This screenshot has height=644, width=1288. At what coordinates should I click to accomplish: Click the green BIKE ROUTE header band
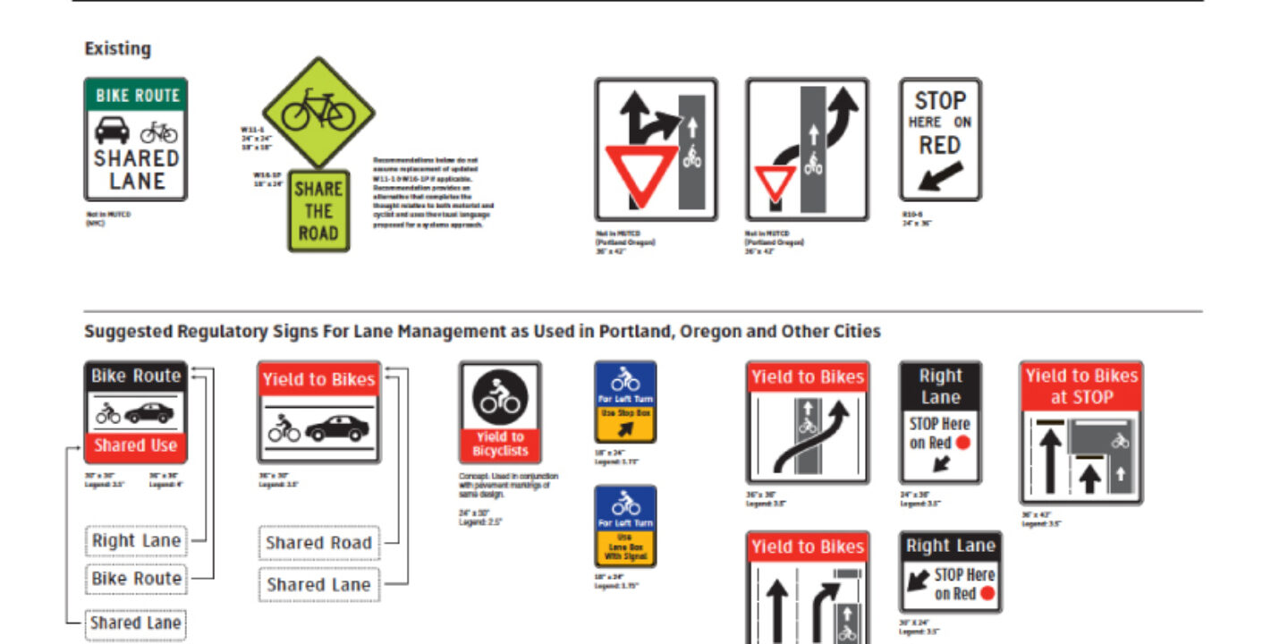click(136, 96)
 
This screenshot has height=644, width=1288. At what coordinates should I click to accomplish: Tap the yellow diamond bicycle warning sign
click(318, 113)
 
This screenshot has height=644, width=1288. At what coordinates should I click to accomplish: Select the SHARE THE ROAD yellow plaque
click(318, 211)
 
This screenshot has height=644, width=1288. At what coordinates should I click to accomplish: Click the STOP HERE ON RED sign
click(940, 139)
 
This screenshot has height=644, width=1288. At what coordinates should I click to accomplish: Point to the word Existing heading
click(117, 49)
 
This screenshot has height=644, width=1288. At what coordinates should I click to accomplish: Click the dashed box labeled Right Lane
click(136, 541)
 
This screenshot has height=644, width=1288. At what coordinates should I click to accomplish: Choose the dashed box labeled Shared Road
click(318, 543)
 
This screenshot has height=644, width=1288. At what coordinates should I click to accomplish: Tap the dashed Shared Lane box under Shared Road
click(318, 585)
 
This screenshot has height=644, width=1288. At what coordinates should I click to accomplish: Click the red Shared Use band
click(136, 445)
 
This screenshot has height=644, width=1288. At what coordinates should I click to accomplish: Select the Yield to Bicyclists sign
click(500, 412)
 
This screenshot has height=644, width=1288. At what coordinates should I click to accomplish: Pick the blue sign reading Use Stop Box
click(625, 402)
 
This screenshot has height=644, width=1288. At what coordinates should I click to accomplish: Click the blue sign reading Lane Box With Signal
click(625, 526)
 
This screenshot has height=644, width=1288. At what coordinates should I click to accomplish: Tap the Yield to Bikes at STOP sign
click(1081, 433)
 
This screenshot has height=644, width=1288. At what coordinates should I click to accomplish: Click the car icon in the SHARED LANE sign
click(111, 131)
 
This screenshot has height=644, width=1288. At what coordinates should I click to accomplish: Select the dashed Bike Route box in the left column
click(136, 579)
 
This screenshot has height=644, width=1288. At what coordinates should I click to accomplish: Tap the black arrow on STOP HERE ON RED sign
click(939, 176)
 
